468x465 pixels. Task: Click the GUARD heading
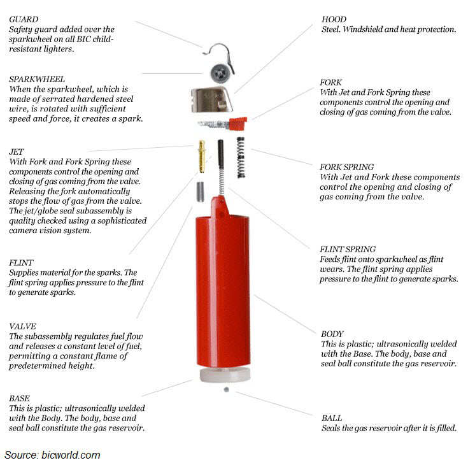[22, 19]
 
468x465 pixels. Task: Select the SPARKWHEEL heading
[37, 79]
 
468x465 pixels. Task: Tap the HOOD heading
[334, 19]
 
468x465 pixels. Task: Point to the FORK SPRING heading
[347, 167]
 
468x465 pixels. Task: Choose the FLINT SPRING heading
[348, 249]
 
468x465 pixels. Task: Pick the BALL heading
[332, 418]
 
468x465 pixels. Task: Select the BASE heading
[20, 398]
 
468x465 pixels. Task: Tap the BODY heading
[332, 334]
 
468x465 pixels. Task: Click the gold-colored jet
[202, 156]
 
